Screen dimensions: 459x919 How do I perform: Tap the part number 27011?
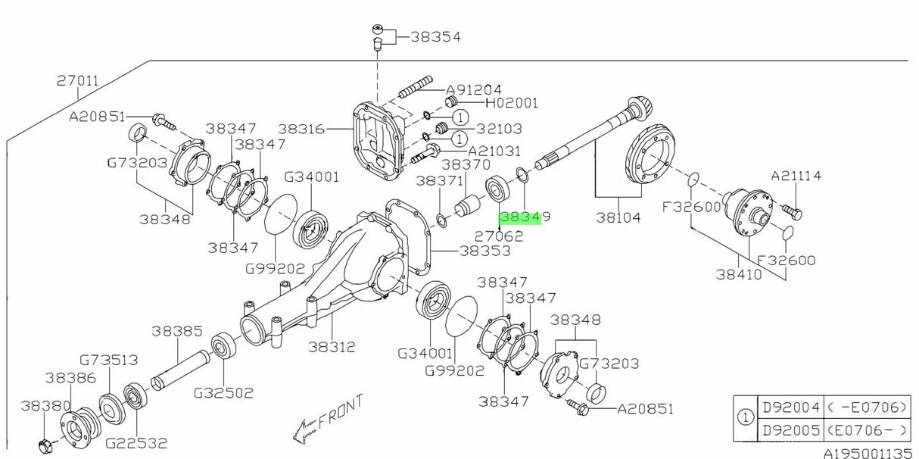[78, 80]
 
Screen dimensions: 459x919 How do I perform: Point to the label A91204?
[473, 89]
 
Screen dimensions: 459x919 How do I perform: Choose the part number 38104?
[618, 218]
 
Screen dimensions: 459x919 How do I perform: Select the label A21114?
[797, 176]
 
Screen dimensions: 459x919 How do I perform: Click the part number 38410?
[740, 274]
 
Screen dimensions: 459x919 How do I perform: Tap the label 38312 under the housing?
[332, 347]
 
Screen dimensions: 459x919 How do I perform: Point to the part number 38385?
[176, 331]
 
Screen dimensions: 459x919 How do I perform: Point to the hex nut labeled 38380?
[43, 442]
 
